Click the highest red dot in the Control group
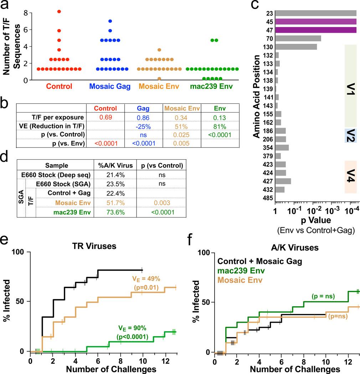(59, 12)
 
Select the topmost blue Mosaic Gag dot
(110, 21)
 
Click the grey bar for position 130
(295, 47)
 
